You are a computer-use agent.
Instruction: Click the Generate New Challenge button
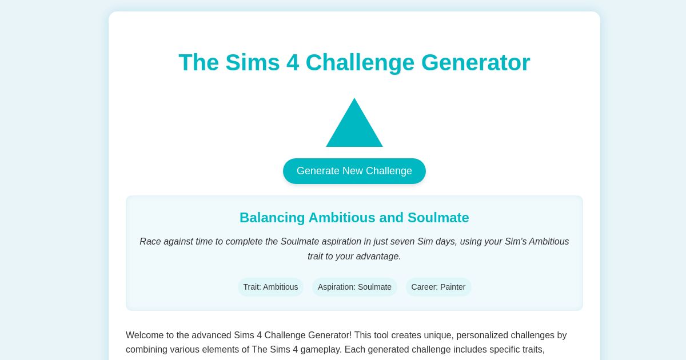[354, 171]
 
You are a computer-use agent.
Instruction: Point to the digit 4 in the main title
[293, 62]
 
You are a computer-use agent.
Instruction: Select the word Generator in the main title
[476, 62]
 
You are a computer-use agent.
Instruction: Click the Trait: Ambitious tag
[270, 287]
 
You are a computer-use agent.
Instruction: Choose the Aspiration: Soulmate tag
[354, 287]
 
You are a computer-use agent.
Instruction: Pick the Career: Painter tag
[438, 287]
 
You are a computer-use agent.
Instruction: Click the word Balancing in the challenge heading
[272, 218]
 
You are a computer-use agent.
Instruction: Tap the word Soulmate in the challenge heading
[438, 218]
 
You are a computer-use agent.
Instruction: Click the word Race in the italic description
[150, 241]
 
